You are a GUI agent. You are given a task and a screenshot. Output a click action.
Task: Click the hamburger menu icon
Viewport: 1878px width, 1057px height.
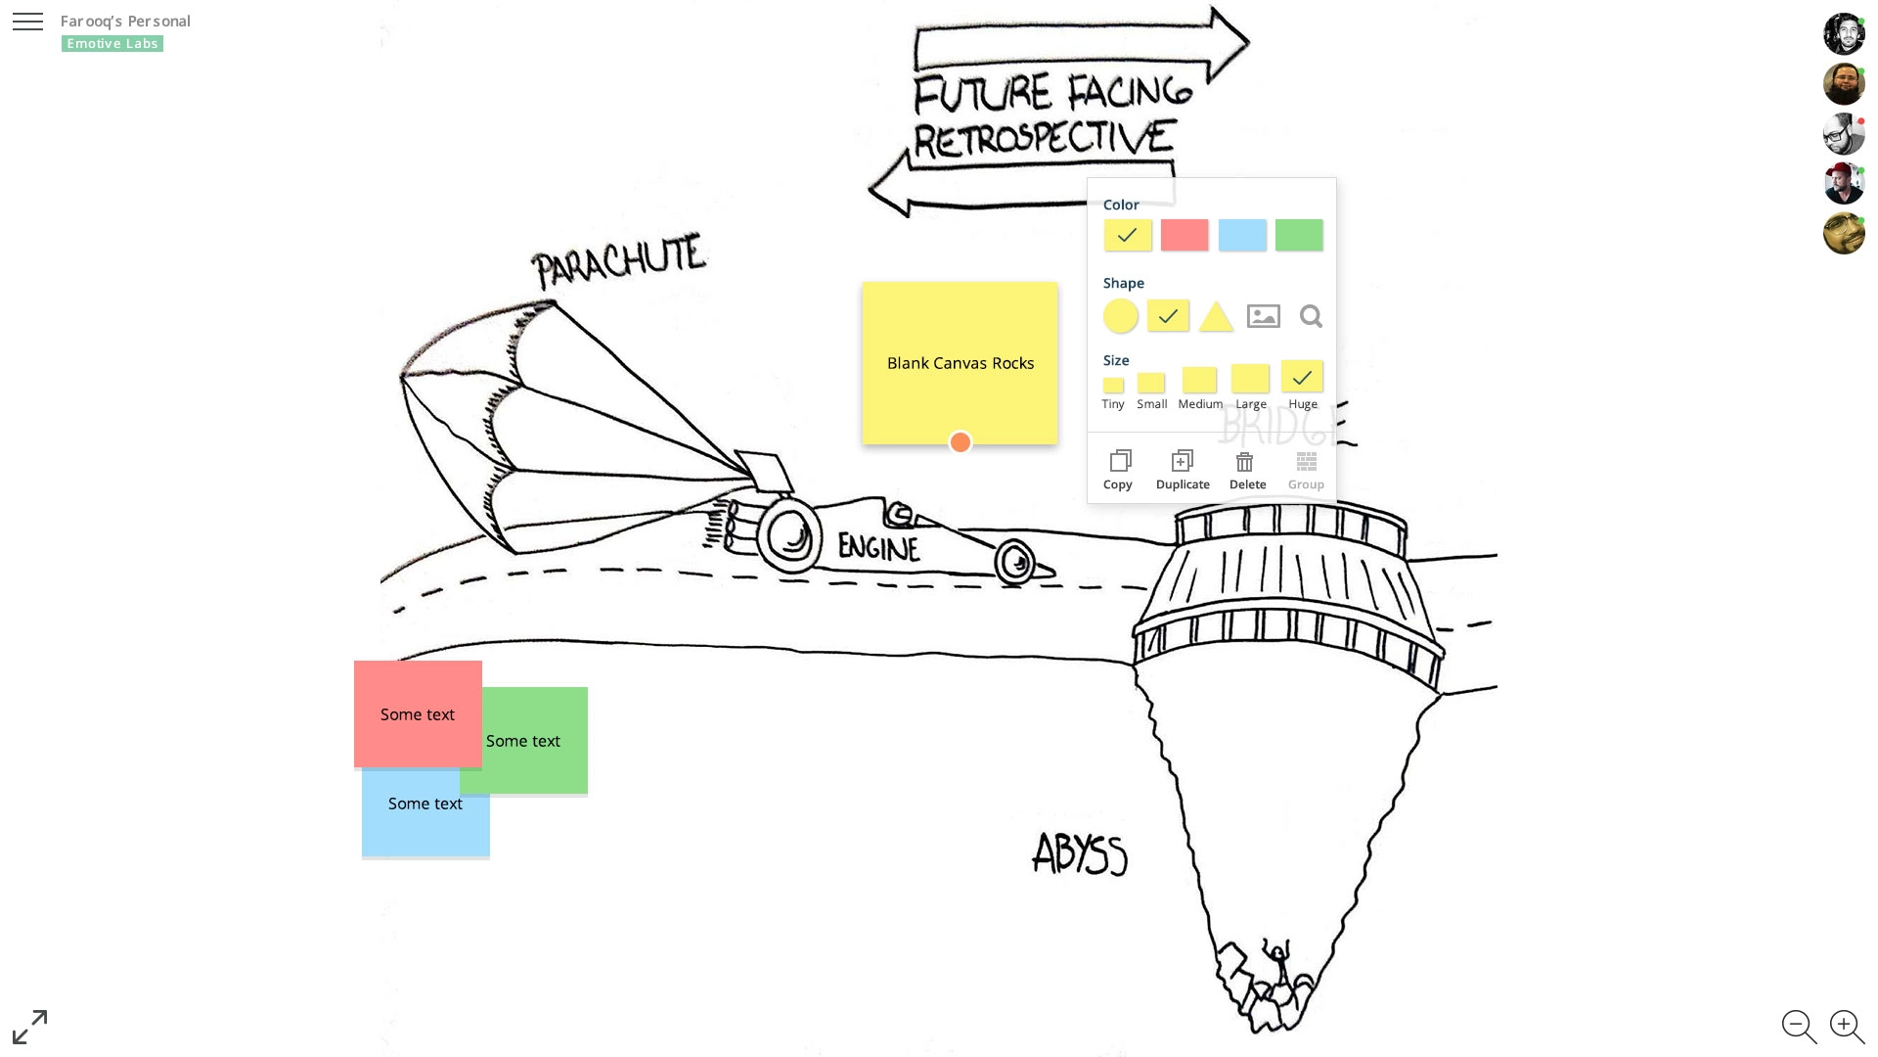pyautogui.click(x=27, y=22)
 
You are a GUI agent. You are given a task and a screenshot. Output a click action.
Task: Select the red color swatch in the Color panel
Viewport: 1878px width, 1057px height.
pyautogui.click(x=1185, y=235)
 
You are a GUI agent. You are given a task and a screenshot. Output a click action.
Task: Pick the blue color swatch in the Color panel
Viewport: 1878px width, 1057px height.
pyautogui.click(x=1242, y=235)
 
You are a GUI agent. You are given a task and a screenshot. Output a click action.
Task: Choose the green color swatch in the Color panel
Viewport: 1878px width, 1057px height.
pyautogui.click(x=1299, y=235)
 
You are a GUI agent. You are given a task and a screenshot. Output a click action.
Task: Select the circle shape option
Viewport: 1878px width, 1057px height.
pyautogui.click(x=1121, y=316)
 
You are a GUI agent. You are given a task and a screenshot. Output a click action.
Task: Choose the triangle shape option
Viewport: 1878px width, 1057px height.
pyautogui.click(x=1216, y=317)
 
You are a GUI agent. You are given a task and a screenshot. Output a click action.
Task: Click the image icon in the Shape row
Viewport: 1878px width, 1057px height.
pyautogui.click(x=1264, y=316)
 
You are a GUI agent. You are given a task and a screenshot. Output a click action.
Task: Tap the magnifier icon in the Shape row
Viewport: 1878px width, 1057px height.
pyautogui.click(x=1311, y=316)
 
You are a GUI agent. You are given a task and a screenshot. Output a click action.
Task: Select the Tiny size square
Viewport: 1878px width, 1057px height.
pyautogui.click(x=1113, y=386)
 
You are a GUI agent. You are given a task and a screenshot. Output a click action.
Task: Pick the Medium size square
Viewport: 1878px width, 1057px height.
pyautogui.click(x=1199, y=380)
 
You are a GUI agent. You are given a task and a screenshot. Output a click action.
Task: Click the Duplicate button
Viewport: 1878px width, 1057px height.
pyautogui.click(x=1183, y=470)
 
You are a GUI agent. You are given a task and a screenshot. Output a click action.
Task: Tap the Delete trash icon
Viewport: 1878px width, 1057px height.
pyautogui.click(x=1246, y=463)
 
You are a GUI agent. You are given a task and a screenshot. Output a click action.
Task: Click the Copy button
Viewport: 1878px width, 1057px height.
pyautogui.click(x=1119, y=470)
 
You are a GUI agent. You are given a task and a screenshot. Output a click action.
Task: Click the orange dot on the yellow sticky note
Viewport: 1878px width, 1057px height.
pyautogui.click(x=961, y=443)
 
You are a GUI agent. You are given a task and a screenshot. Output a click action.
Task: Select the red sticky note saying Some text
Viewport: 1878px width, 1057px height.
pyautogui.click(x=418, y=713)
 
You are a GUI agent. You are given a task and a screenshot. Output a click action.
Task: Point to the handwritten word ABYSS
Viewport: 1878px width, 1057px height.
pyautogui.click(x=1080, y=854)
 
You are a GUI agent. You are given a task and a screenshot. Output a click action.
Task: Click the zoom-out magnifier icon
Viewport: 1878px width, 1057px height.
pyautogui.click(x=1798, y=1026)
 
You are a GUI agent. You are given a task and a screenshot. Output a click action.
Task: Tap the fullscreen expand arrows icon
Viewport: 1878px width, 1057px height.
pyautogui.click(x=29, y=1027)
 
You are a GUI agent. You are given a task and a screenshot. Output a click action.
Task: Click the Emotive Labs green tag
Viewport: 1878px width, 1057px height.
pyautogui.click(x=112, y=44)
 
